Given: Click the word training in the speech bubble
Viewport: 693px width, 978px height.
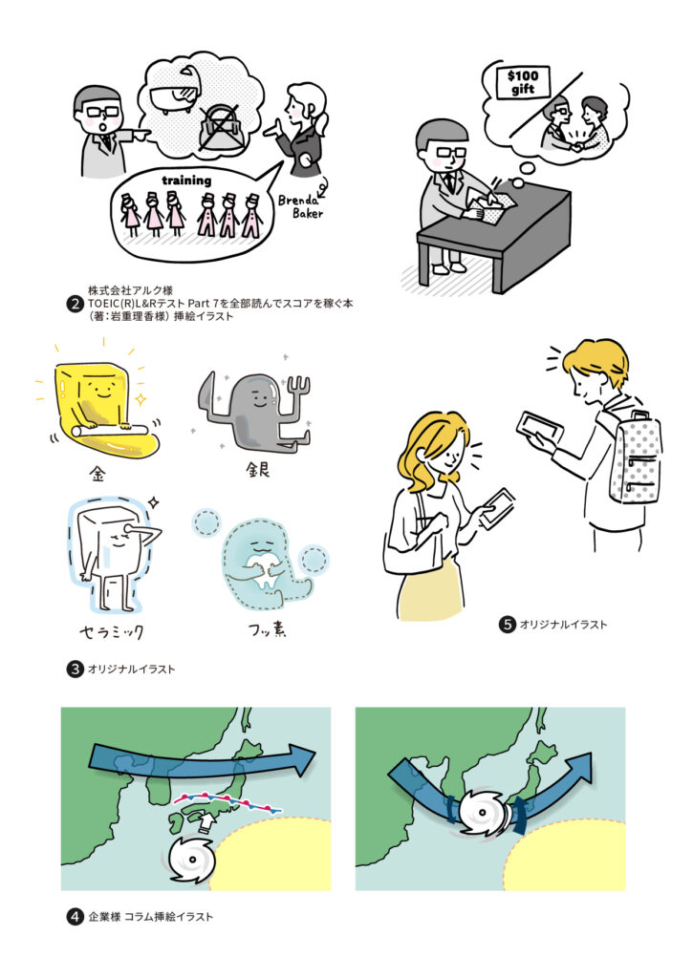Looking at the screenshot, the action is click(186, 181).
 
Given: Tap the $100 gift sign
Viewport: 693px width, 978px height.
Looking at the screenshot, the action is click(523, 82).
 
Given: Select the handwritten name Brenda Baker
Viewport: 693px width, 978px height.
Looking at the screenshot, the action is click(301, 206).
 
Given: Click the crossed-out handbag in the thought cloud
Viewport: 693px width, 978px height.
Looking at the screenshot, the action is click(222, 127).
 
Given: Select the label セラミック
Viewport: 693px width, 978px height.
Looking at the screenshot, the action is click(112, 632).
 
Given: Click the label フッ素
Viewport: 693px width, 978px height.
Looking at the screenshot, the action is click(268, 630).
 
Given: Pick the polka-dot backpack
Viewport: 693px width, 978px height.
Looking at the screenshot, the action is click(635, 457).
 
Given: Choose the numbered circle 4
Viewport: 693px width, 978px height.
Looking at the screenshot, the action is click(75, 917).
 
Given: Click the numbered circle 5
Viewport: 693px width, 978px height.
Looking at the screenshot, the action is click(507, 625).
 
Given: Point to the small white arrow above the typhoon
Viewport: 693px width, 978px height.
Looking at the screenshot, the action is click(206, 822).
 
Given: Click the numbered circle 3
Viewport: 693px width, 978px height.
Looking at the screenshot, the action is click(75, 670).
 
